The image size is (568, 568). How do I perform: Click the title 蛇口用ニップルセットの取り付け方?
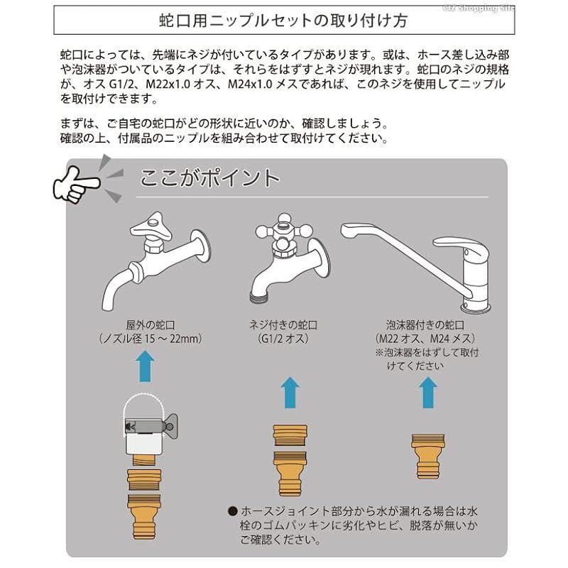(x=283, y=21)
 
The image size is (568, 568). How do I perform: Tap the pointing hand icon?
(x=76, y=185)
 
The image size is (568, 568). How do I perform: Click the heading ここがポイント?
(x=209, y=178)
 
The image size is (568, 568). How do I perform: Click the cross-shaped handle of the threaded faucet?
(x=283, y=230)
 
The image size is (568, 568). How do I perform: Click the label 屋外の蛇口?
(x=151, y=324)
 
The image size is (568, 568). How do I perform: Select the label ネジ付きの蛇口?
(x=283, y=324)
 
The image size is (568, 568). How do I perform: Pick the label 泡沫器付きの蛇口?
(x=425, y=324)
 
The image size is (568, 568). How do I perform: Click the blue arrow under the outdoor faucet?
(x=145, y=366)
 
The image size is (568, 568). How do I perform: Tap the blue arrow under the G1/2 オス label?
(x=290, y=393)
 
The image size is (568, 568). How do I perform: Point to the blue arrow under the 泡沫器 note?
(x=428, y=393)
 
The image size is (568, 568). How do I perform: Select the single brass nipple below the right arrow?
(x=428, y=457)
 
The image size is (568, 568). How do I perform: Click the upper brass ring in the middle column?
(x=290, y=435)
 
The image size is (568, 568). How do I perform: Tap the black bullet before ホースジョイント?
(x=233, y=511)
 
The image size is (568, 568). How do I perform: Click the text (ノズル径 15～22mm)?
(x=151, y=339)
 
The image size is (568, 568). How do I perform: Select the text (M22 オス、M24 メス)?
(x=425, y=339)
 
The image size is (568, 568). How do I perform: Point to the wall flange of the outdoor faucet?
(x=202, y=246)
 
